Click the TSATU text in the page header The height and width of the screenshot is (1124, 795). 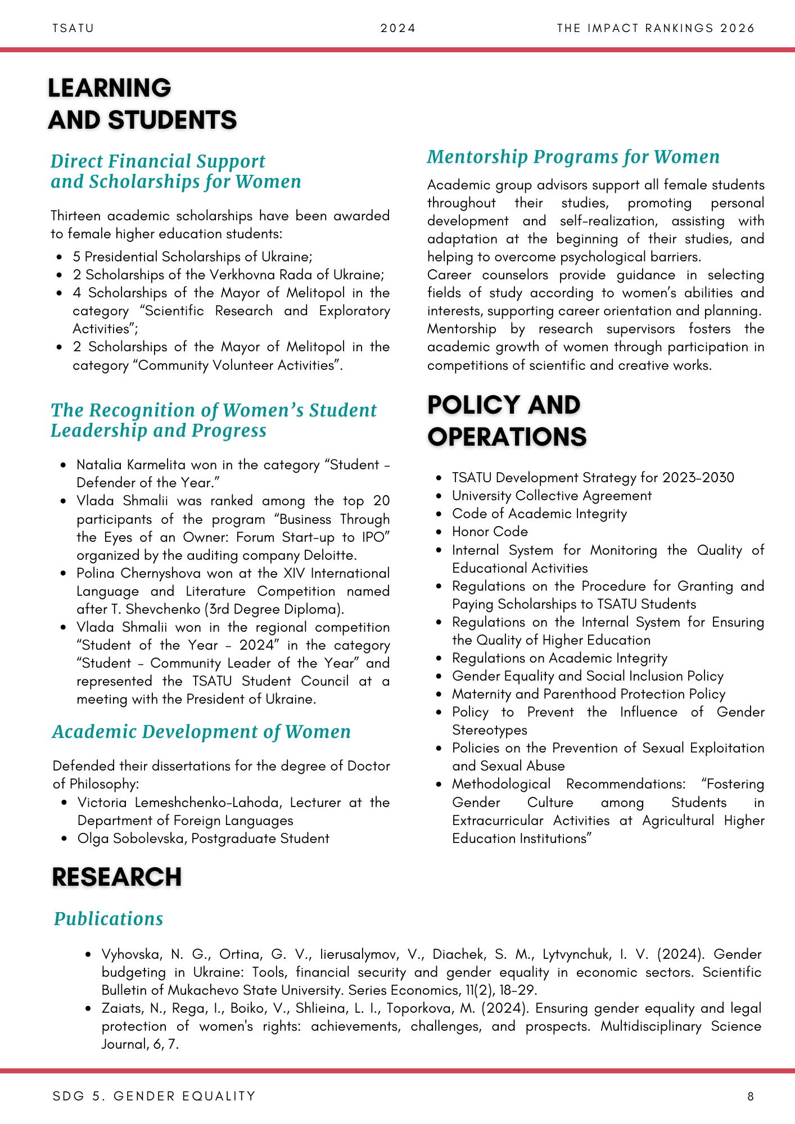[73, 28]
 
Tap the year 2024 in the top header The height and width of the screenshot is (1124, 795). [398, 28]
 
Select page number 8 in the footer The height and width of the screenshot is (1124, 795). [751, 1096]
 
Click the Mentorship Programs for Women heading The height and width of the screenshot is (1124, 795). [573, 157]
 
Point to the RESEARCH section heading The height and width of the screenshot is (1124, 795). [117, 877]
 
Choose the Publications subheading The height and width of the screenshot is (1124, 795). [109, 918]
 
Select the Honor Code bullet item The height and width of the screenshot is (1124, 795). [490, 532]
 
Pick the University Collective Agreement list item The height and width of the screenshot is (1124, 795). [552, 496]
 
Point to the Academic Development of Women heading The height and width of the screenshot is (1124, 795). [201, 732]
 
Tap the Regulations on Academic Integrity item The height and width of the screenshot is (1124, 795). [559, 658]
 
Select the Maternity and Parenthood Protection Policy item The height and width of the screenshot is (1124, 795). [589, 694]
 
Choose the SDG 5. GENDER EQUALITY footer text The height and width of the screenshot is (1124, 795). [154, 1096]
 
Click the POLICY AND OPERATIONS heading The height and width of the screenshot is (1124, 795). [507, 421]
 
